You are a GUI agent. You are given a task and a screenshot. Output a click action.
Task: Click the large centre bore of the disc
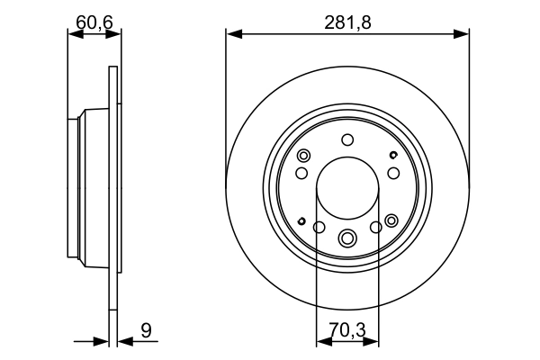[x=347, y=191]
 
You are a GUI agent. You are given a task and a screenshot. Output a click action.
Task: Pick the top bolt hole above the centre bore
[x=347, y=140]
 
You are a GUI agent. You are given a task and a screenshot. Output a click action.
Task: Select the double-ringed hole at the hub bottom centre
[x=347, y=238]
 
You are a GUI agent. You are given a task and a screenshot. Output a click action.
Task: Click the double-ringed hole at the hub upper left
[x=303, y=155]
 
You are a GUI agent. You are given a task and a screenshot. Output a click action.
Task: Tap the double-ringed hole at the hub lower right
[x=391, y=220]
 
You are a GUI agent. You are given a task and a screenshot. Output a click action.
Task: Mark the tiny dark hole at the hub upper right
[x=393, y=156]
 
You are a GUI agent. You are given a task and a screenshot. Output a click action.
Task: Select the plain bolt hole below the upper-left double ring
[x=301, y=172]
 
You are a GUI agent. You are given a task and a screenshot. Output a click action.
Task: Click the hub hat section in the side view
[x=90, y=189]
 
